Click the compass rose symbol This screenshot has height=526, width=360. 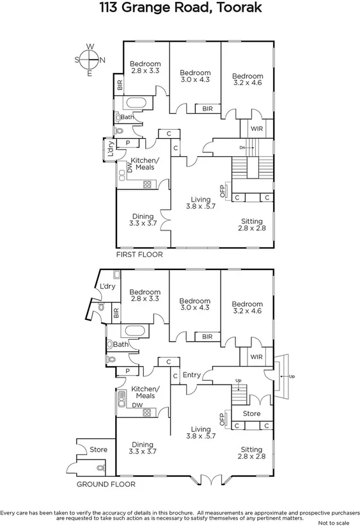tap(90, 60)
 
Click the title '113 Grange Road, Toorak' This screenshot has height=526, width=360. tap(180, 9)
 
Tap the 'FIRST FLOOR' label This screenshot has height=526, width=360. tap(139, 255)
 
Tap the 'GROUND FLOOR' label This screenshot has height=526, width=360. tap(106, 484)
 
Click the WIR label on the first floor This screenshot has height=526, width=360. tap(256, 129)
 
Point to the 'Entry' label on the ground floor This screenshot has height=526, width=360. tap(191, 375)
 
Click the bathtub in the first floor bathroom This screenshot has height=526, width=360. tap(135, 103)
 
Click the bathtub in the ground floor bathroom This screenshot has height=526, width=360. tap(135, 331)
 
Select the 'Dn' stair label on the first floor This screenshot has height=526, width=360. tap(243, 148)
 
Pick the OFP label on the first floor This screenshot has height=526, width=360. tap(223, 190)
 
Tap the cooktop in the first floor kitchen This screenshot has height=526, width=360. tap(147, 184)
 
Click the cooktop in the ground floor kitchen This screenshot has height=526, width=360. tap(147, 412)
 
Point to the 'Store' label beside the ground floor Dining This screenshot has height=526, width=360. tap(98, 449)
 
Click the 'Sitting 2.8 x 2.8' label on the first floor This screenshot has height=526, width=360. tap(251, 225)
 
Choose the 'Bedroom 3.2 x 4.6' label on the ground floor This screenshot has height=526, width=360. tap(247, 308)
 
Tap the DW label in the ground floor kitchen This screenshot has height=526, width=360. tap(137, 405)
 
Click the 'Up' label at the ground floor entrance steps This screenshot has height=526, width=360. tap(292, 376)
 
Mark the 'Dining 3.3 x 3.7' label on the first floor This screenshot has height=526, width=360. tap(143, 220)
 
